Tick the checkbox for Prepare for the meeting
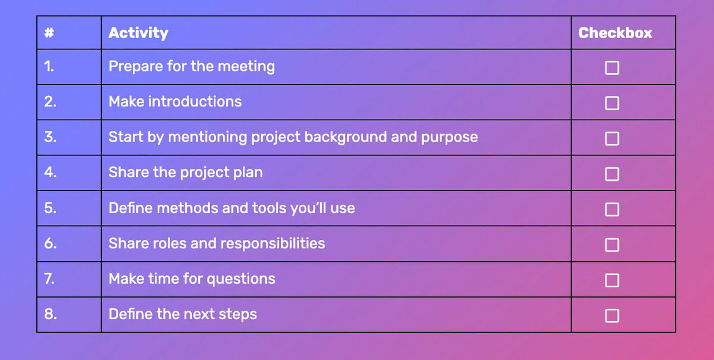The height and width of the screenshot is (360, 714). click(612, 68)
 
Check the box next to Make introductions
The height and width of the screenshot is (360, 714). click(612, 103)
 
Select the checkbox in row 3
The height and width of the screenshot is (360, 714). click(612, 139)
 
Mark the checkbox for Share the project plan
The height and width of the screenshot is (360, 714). click(612, 174)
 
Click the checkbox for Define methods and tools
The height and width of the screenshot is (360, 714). click(612, 209)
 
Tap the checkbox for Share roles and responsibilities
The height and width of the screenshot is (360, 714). click(612, 245)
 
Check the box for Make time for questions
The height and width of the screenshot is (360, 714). click(612, 280)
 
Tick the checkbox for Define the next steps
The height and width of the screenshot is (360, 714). click(612, 315)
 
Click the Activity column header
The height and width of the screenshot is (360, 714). click(138, 33)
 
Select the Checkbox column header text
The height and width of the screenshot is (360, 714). click(615, 33)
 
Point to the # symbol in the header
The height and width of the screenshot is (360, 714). click(49, 33)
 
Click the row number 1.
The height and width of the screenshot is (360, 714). click(49, 67)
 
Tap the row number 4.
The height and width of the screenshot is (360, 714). click(50, 173)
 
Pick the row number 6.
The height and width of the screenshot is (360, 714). click(50, 243)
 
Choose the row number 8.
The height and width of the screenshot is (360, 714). click(50, 314)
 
